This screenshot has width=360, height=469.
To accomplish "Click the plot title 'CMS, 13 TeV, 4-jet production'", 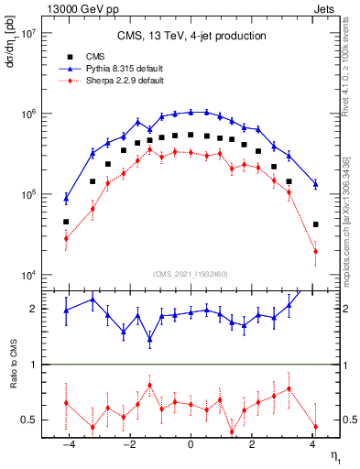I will (191, 37).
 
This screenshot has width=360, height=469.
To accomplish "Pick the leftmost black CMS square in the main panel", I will (66, 222).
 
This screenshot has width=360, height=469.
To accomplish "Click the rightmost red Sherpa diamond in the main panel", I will (315, 251).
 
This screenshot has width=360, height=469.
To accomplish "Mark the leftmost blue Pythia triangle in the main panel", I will (66, 197).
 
